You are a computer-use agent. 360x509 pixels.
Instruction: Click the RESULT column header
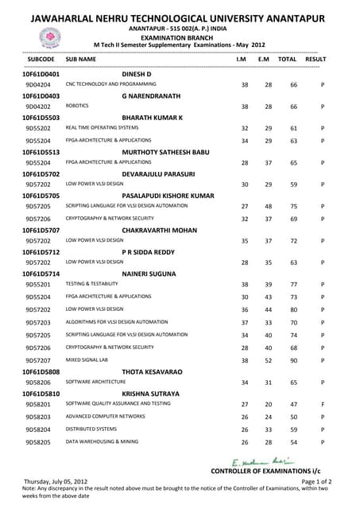tap(315, 60)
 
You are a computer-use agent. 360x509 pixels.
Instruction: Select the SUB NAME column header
tap(81, 60)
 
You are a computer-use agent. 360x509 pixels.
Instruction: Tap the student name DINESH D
tap(137, 74)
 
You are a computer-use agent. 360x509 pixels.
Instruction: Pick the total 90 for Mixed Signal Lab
tap(293, 361)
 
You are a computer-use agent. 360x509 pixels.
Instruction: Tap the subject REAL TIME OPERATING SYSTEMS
tap(102, 127)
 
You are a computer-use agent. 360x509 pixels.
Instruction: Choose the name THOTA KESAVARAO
tap(152, 371)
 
